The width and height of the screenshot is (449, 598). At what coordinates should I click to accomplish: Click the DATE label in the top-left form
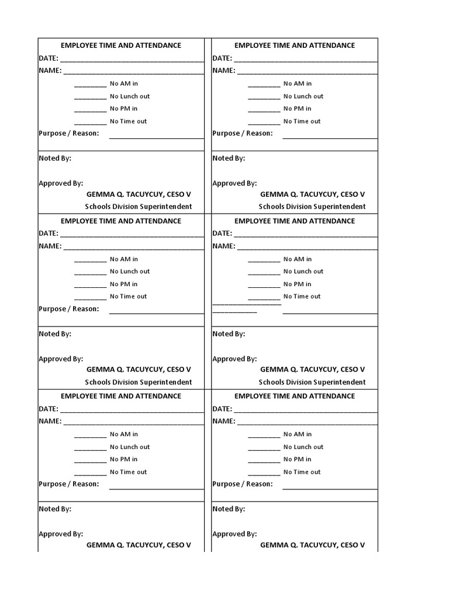point(49,58)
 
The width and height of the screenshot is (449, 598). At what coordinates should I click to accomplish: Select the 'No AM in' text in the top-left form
point(124,84)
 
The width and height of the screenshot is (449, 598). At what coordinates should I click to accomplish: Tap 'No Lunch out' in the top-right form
point(303,96)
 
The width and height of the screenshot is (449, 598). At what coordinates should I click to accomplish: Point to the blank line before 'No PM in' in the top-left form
point(91,110)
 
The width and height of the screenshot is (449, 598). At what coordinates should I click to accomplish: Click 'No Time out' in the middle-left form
point(129,297)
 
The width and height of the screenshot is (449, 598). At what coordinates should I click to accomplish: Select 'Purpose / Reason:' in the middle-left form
point(69,309)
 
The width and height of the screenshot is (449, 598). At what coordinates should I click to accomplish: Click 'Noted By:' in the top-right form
point(229,158)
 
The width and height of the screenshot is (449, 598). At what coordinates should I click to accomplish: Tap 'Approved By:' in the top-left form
point(61,183)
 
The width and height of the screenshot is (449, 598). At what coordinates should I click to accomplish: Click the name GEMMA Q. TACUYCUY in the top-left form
point(139,194)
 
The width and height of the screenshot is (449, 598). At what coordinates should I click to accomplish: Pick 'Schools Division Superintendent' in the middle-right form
point(312,383)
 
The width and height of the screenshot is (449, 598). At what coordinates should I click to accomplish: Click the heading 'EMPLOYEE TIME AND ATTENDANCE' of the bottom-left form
point(121,396)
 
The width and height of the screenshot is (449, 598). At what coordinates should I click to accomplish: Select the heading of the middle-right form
point(295,221)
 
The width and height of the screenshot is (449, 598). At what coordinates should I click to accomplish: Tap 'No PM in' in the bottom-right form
point(298,460)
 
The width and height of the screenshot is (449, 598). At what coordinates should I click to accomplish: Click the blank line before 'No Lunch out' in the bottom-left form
point(91,449)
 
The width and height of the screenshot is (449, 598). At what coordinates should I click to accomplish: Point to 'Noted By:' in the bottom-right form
point(229,509)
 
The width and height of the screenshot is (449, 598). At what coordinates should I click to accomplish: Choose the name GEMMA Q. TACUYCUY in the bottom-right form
point(312,545)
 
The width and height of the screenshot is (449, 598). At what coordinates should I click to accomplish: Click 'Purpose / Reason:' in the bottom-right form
point(243,484)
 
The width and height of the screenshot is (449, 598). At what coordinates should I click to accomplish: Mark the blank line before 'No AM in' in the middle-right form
point(264,261)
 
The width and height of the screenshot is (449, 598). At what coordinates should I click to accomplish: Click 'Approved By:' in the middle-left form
point(61,359)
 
